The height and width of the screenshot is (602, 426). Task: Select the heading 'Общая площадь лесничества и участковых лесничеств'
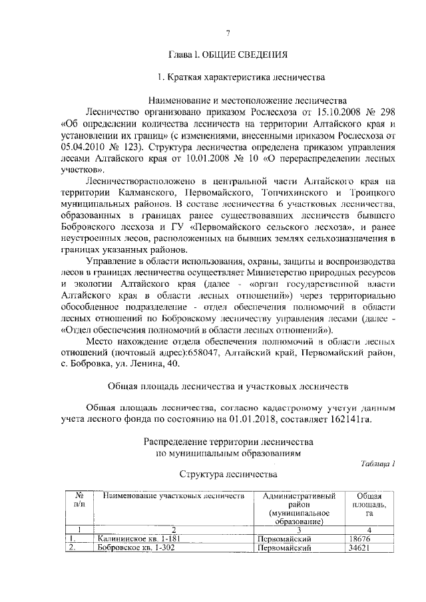tap(228, 386)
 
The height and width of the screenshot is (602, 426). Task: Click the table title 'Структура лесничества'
tap(227, 475)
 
